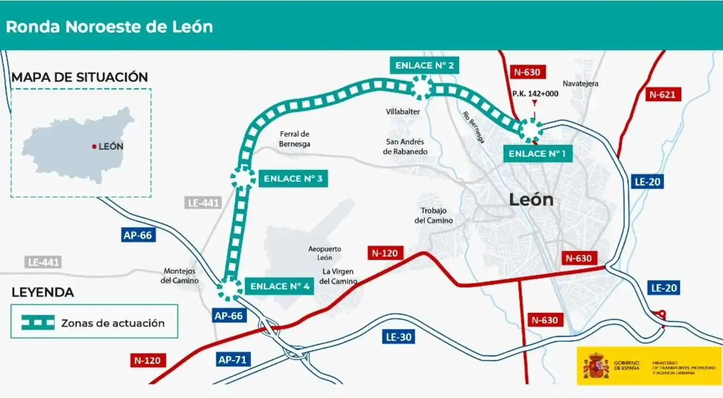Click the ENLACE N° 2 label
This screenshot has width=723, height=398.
click(424, 65)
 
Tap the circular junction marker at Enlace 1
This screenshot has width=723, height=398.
click(530, 130)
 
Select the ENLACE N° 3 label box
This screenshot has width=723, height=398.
click(293, 179)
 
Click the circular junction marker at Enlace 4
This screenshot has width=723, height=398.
click(229, 288)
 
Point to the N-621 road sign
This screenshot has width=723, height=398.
click(662, 94)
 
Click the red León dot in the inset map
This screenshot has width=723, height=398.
click(94, 147)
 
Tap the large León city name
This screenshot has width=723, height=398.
click(531, 199)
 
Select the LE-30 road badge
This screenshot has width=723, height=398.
click(399, 338)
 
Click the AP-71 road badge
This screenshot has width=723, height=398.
click(234, 359)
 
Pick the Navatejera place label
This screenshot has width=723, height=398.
click(580, 84)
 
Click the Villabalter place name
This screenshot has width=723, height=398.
click(403, 112)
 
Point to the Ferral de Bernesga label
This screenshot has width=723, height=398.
click(294, 139)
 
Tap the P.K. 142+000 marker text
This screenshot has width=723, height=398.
click(535, 93)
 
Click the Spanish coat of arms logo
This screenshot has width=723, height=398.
click(595, 366)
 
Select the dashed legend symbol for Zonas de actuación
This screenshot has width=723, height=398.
click(38, 323)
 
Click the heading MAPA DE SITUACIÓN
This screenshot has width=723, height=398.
click(80, 77)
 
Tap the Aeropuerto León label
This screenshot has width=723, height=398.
click(324, 253)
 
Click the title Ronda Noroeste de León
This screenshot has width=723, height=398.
click(110, 27)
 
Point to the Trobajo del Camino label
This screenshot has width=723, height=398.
click(434, 216)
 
